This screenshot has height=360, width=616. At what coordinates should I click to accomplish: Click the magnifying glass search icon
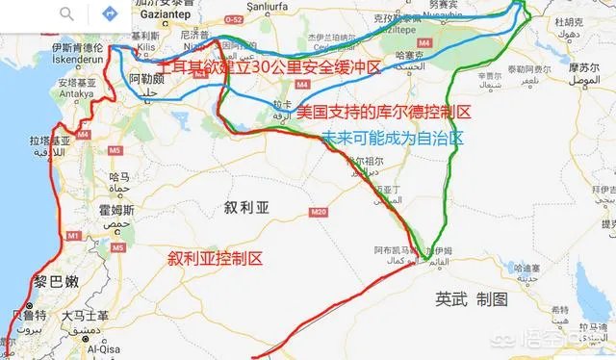pos(67,13)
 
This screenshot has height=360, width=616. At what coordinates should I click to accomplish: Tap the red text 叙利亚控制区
pos(215,259)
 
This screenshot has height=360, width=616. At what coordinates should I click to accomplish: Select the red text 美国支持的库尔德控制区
pos(383,113)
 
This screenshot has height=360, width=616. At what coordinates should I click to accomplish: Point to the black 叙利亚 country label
pos(246,207)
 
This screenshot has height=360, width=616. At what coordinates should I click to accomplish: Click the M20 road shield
pos(319,212)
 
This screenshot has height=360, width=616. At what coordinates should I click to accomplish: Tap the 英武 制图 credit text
pos(471,298)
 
